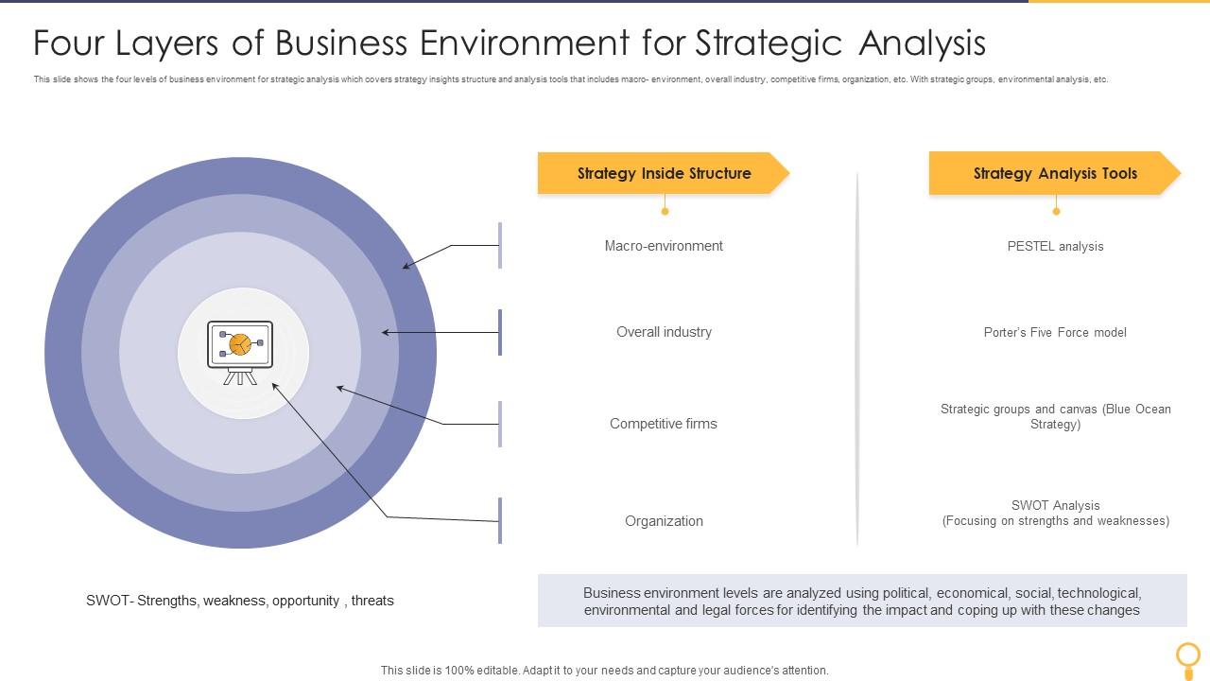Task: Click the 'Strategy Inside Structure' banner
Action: click(664, 173)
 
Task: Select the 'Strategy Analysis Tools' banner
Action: click(1055, 173)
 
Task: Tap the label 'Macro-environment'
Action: click(664, 246)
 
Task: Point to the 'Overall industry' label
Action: click(664, 332)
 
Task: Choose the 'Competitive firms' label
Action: click(664, 424)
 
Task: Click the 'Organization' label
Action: click(664, 521)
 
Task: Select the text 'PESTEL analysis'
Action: click(1055, 247)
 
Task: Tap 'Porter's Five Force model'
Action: click(1055, 333)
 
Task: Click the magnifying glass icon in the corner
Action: click(1187, 655)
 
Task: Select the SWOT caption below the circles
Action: click(240, 601)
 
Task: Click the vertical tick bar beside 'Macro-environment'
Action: click(500, 246)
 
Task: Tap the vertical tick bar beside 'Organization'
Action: click(500, 521)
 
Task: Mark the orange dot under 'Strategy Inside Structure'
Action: click(665, 211)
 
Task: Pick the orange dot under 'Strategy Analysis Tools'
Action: click(1056, 211)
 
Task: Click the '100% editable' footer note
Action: click(605, 671)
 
